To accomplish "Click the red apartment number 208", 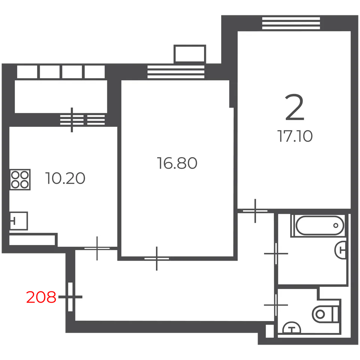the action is tap(41, 297).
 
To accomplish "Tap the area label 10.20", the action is tap(65, 178).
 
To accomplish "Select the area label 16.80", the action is tap(177, 163).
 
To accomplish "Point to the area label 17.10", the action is tap(295, 136).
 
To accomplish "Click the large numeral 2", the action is tap(295, 107).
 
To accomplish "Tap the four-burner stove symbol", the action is tap(20, 180).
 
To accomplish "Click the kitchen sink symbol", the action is tap(19, 221).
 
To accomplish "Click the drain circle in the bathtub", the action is tap(336, 225).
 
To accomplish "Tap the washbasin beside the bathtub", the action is tap(340, 250).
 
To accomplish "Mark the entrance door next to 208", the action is tap(70, 297).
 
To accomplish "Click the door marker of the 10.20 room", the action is tap(97, 248).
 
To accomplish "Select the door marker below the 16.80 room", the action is tap(157, 258).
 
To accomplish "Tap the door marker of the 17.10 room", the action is tap(255, 211).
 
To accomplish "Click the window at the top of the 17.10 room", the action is tap(291, 23).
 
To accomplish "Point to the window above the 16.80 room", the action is tap(176, 72).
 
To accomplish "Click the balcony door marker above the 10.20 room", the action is tap(72, 120).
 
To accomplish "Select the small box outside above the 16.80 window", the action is tap(190, 54).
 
